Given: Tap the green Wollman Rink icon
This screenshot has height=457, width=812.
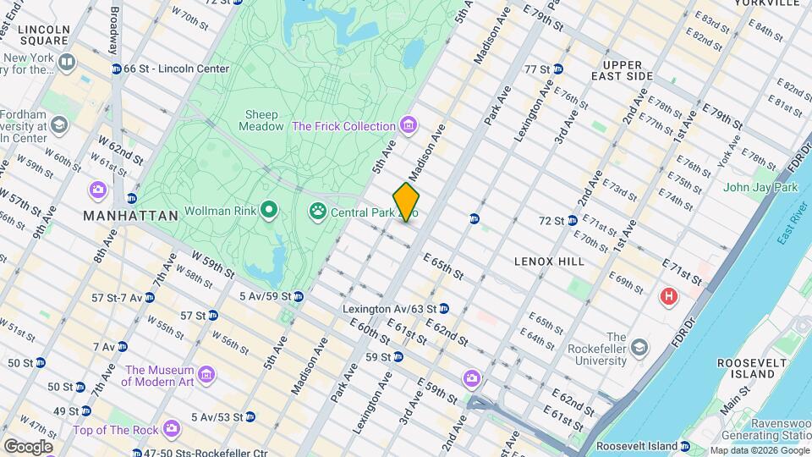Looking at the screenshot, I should tap(269, 209).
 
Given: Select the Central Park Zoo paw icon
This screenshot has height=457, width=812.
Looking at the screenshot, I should tap(318, 210).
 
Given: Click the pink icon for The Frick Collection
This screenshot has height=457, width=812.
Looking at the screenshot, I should tap(409, 126).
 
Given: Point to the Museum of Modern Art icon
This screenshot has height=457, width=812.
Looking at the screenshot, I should tap(206, 374).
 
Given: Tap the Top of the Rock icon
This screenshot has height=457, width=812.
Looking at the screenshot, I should tap(172, 430).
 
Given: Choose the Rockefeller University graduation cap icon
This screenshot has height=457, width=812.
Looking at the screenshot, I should tap(640, 348).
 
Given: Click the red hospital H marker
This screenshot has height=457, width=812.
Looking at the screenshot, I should tap(669, 297).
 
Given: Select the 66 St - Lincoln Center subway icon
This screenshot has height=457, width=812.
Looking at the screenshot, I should tap(116, 69).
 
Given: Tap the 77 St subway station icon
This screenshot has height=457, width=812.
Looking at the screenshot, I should tap(558, 69).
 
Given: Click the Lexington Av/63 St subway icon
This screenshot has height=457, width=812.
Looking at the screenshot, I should tap(443, 309).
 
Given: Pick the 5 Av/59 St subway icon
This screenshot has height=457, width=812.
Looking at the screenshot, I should tap(299, 297).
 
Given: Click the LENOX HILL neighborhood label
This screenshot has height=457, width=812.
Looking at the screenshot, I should tap(549, 262).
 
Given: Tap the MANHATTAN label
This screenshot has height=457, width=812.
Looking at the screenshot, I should tap(131, 216).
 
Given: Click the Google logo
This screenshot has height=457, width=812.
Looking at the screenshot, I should tap(28, 446).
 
